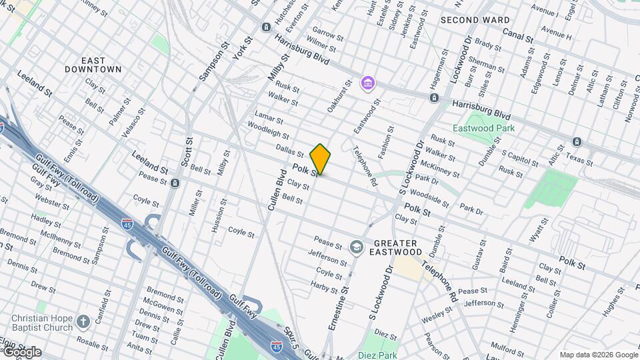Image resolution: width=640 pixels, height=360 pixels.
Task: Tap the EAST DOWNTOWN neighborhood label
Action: (93, 64)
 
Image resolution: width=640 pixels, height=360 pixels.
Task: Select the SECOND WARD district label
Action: (475, 20)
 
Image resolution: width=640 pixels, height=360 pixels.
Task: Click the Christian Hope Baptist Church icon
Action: (83, 322)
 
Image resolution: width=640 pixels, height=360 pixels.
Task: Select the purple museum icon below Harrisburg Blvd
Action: (367, 84)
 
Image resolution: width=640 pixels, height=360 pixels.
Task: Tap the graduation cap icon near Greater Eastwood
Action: (356, 247)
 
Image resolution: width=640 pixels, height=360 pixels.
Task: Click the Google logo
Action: (21, 352)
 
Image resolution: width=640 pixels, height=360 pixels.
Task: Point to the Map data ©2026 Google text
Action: (598, 355)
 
